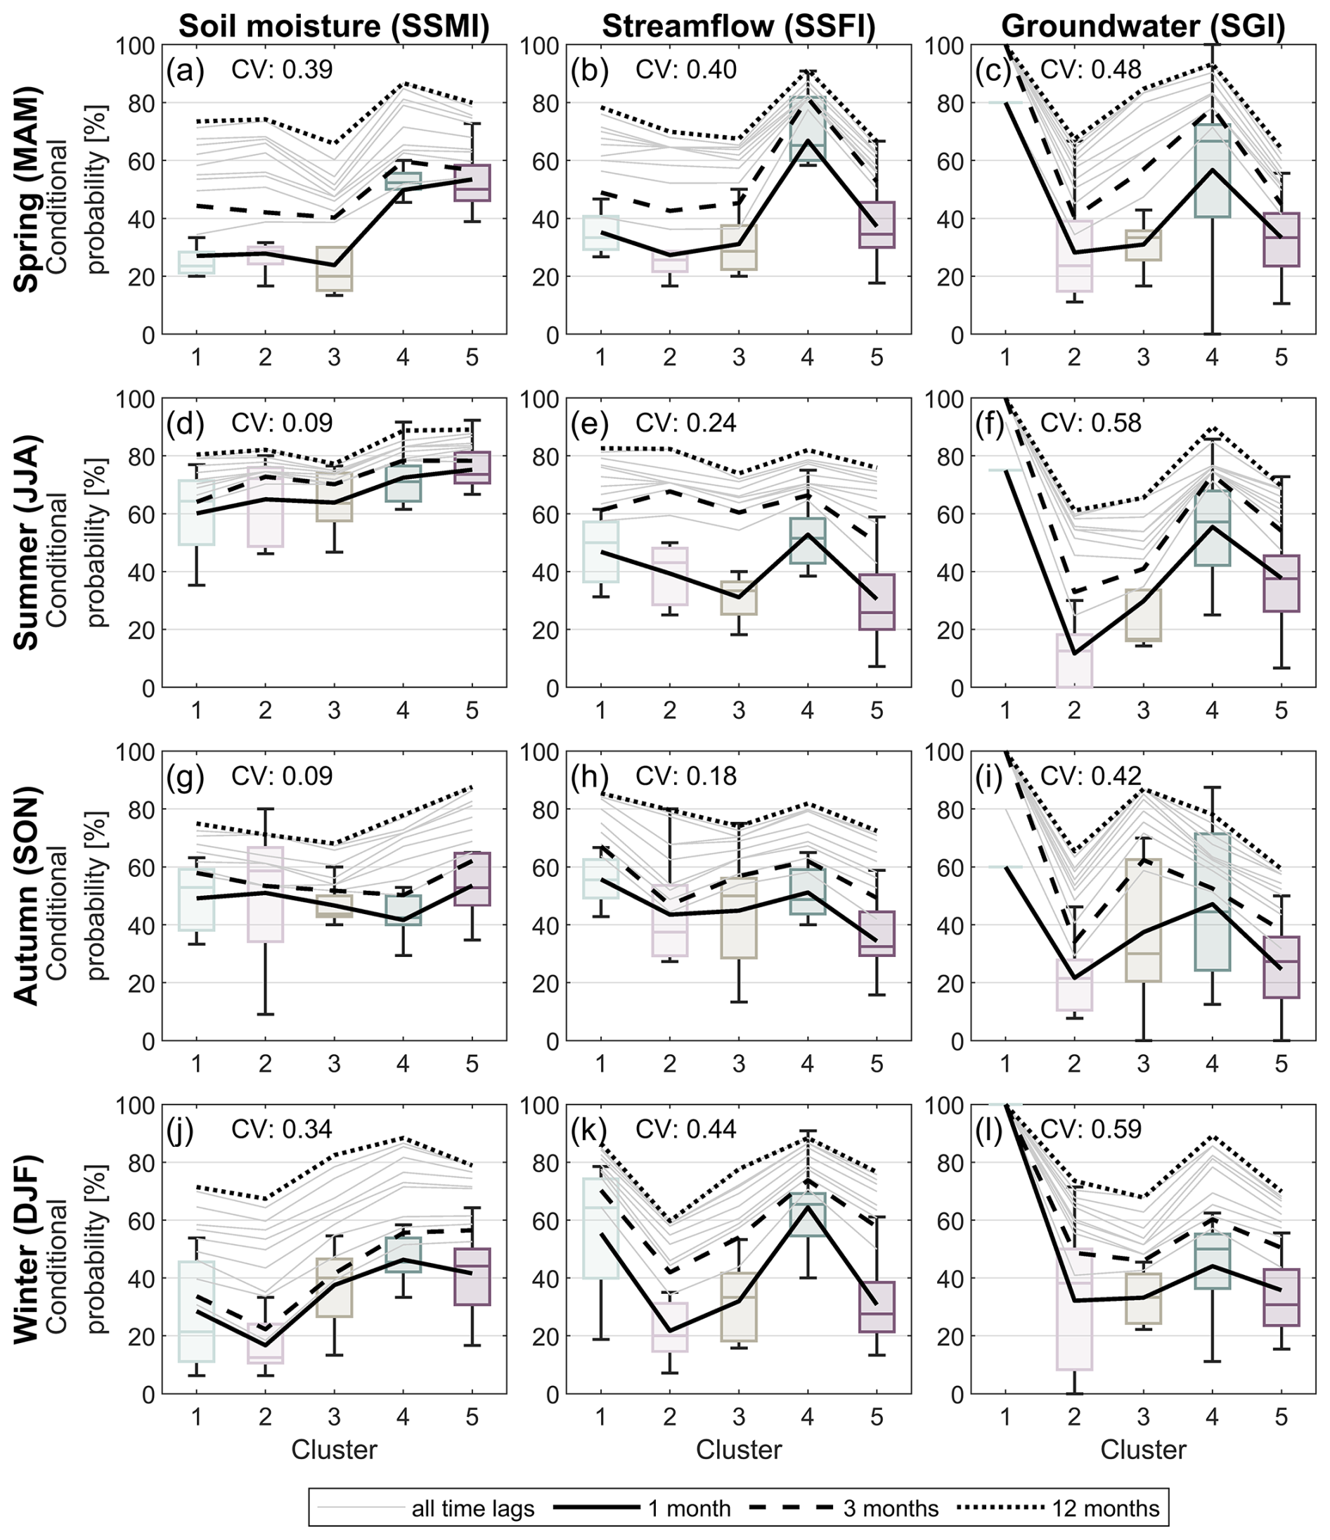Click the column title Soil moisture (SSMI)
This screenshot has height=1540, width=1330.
pyautogui.click(x=335, y=26)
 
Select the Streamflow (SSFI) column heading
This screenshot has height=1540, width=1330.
pyautogui.click(x=739, y=26)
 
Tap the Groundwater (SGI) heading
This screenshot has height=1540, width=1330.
pyautogui.click(x=1143, y=26)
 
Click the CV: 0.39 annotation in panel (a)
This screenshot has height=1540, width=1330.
pyautogui.click(x=283, y=70)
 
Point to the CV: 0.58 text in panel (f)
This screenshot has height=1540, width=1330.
pyautogui.click(x=1090, y=423)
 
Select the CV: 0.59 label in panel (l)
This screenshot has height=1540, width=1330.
pyautogui.click(x=1090, y=1129)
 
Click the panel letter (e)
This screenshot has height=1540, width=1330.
pyautogui.click(x=589, y=423)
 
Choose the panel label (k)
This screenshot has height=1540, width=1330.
pyautogui.click(x=589, y=1129)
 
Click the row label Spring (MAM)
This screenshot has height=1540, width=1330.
pyautogui.click(x=28, y=190)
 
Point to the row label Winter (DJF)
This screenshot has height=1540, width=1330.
pyautogui.click(x=28, y=1249)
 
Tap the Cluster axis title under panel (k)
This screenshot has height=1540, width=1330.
pyautogui.click(x=739, y=1449)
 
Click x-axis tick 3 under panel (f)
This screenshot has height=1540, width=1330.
pyautogui.click(x=1143, y=710)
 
